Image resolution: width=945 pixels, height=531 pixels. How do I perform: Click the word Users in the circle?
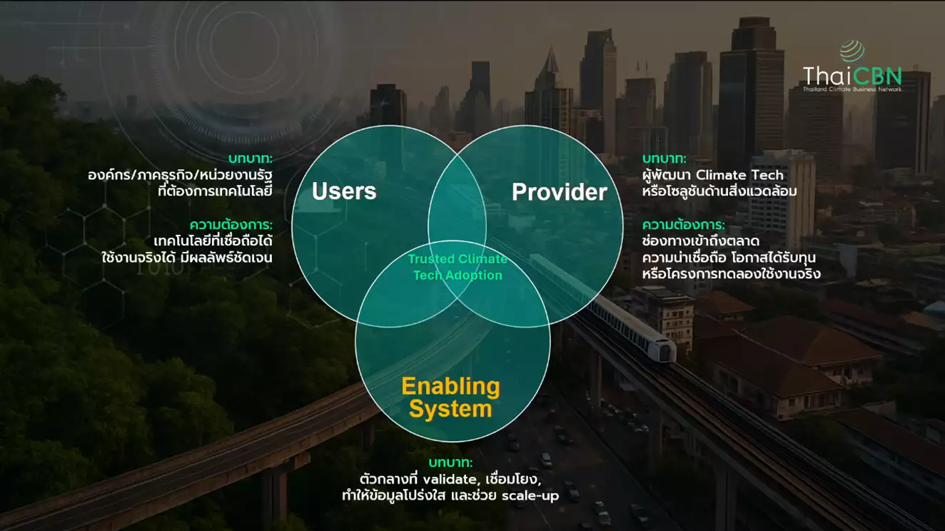344,191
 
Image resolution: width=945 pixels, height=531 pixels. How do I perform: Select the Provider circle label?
560,192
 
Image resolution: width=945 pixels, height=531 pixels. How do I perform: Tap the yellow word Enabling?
450,387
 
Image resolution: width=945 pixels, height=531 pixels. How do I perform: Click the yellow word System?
450,410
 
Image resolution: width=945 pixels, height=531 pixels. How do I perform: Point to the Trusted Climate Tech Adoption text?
458,267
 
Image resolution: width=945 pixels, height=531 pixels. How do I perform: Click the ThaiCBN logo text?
851,76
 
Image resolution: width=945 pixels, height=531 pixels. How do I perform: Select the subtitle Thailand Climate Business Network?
851,89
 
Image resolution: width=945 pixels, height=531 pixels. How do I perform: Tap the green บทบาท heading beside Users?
251,158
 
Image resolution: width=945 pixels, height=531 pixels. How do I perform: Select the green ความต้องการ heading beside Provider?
683,225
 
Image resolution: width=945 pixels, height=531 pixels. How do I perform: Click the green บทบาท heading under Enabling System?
450,462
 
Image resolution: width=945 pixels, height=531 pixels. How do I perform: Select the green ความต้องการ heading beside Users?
231,224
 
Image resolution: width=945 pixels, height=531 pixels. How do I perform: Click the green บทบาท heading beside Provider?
664,158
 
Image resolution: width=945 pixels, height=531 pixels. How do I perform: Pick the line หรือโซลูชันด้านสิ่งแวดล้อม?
719,191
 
